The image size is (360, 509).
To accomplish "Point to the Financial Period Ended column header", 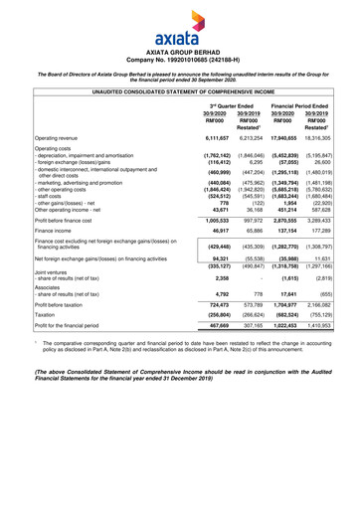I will [x=308, y=106].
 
